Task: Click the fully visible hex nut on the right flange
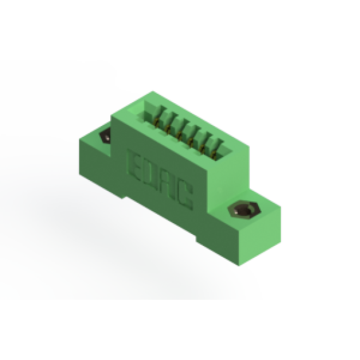pyautogui.click(x=244, y=210)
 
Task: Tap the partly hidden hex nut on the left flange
pyautogui.click(x=105, y=137)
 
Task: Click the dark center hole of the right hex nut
pyautogui.click(x=243, y=210)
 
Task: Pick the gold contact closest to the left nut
pyautogui.click(x=157, y=124)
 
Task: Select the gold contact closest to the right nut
pyautogui.click(x=214, y=155)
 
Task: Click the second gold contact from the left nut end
pyautogui.click(x=168, y=130)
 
